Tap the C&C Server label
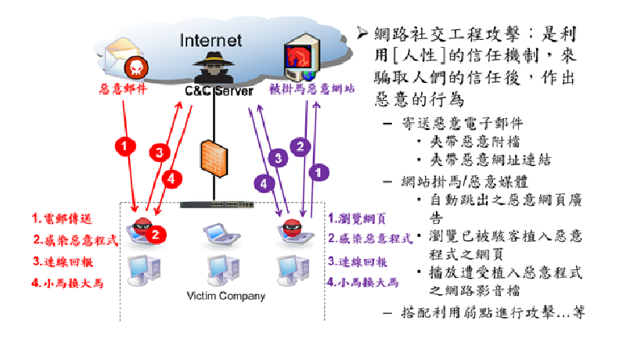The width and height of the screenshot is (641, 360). click(218, 92)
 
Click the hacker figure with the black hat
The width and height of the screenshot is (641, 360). click(213, 68)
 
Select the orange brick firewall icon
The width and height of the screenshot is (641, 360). click(214, 160)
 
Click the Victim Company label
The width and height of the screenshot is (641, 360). click(225, 296)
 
